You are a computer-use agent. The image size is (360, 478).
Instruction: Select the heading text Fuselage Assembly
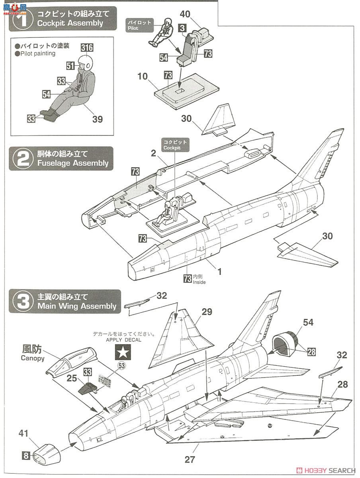pyautogui.click(x=73, y=163)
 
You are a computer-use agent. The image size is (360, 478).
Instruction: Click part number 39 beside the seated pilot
pyautogui.click(x=98, y=119)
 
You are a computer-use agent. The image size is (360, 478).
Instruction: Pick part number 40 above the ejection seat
pyautogui.click(x=185, y=14)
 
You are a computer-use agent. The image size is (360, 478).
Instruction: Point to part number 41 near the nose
pyautogui.click(x=24, y=433)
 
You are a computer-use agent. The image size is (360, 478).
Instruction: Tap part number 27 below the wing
pyautogui.click(x=190, y=459)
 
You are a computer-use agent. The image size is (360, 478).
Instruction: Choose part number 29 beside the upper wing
pyautogui.click(x=207, y=312)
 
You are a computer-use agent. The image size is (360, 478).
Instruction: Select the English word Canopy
pyautogui.click(x=32, y=358)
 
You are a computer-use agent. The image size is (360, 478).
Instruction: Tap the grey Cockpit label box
pyautogui.click(x=174, y=145)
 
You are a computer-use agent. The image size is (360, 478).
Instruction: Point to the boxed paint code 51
pyautogui.click(x=70, y=65)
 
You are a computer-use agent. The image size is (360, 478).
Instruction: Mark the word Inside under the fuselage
pyautogui.click(x=199, y=282)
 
